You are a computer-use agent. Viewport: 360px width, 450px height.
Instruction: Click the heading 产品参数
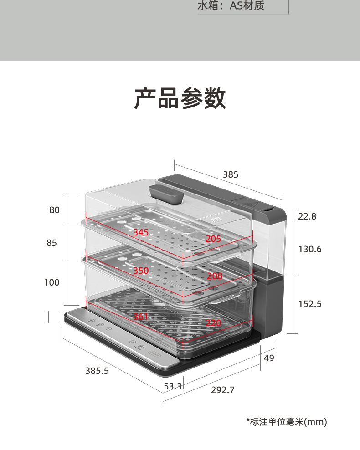coord(180,98)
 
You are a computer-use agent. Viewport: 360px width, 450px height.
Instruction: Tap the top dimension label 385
coord(231,174)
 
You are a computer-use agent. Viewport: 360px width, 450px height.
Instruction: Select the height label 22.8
coord(307,216)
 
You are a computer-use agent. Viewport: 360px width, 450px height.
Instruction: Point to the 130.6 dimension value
coord(310,249)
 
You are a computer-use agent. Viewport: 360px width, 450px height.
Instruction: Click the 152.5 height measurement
coord(310,304)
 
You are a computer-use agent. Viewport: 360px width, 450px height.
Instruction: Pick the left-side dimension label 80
coord(54,210)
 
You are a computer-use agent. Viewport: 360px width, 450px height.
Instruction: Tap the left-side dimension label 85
coord(51,243)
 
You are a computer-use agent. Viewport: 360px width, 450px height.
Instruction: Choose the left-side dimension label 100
coord(51,282)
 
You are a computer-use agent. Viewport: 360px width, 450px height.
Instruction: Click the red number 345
coord(141,232)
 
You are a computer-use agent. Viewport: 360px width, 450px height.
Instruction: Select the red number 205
coord(213,239)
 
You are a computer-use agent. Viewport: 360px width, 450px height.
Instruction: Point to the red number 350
coord(141,271)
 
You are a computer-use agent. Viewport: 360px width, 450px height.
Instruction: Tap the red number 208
coord(215,276)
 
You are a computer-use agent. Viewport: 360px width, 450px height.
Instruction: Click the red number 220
coord(213,323)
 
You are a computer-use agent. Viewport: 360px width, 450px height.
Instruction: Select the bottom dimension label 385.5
coord(97,371)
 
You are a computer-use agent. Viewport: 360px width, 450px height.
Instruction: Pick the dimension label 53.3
coord(173,386)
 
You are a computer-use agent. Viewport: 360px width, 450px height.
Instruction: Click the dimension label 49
coord(269,358)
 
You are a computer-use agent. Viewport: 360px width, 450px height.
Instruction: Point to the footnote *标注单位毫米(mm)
coord(287,422)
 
